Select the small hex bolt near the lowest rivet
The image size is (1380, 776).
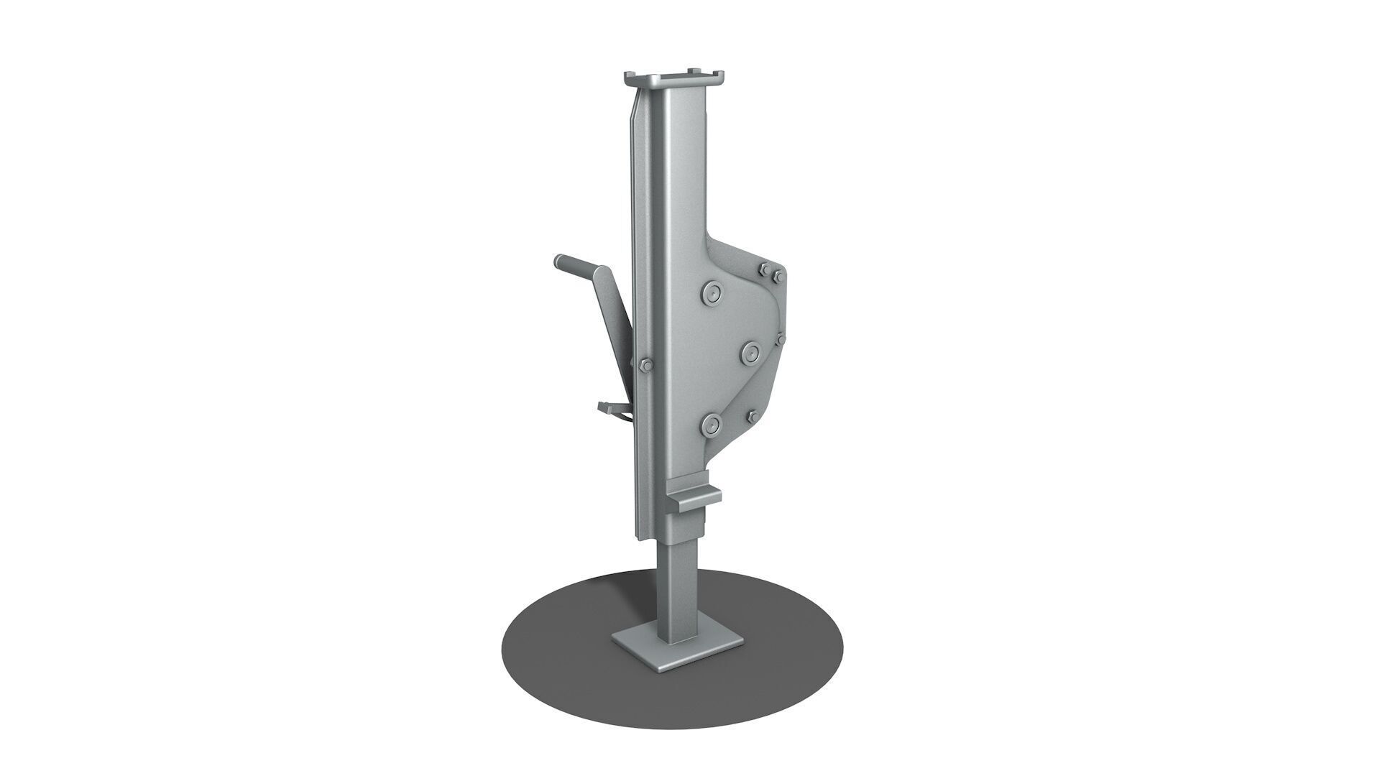tap(750, 417)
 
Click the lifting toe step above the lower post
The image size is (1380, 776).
tap(694, 496)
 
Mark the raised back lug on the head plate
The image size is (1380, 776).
tap(694, 70)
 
